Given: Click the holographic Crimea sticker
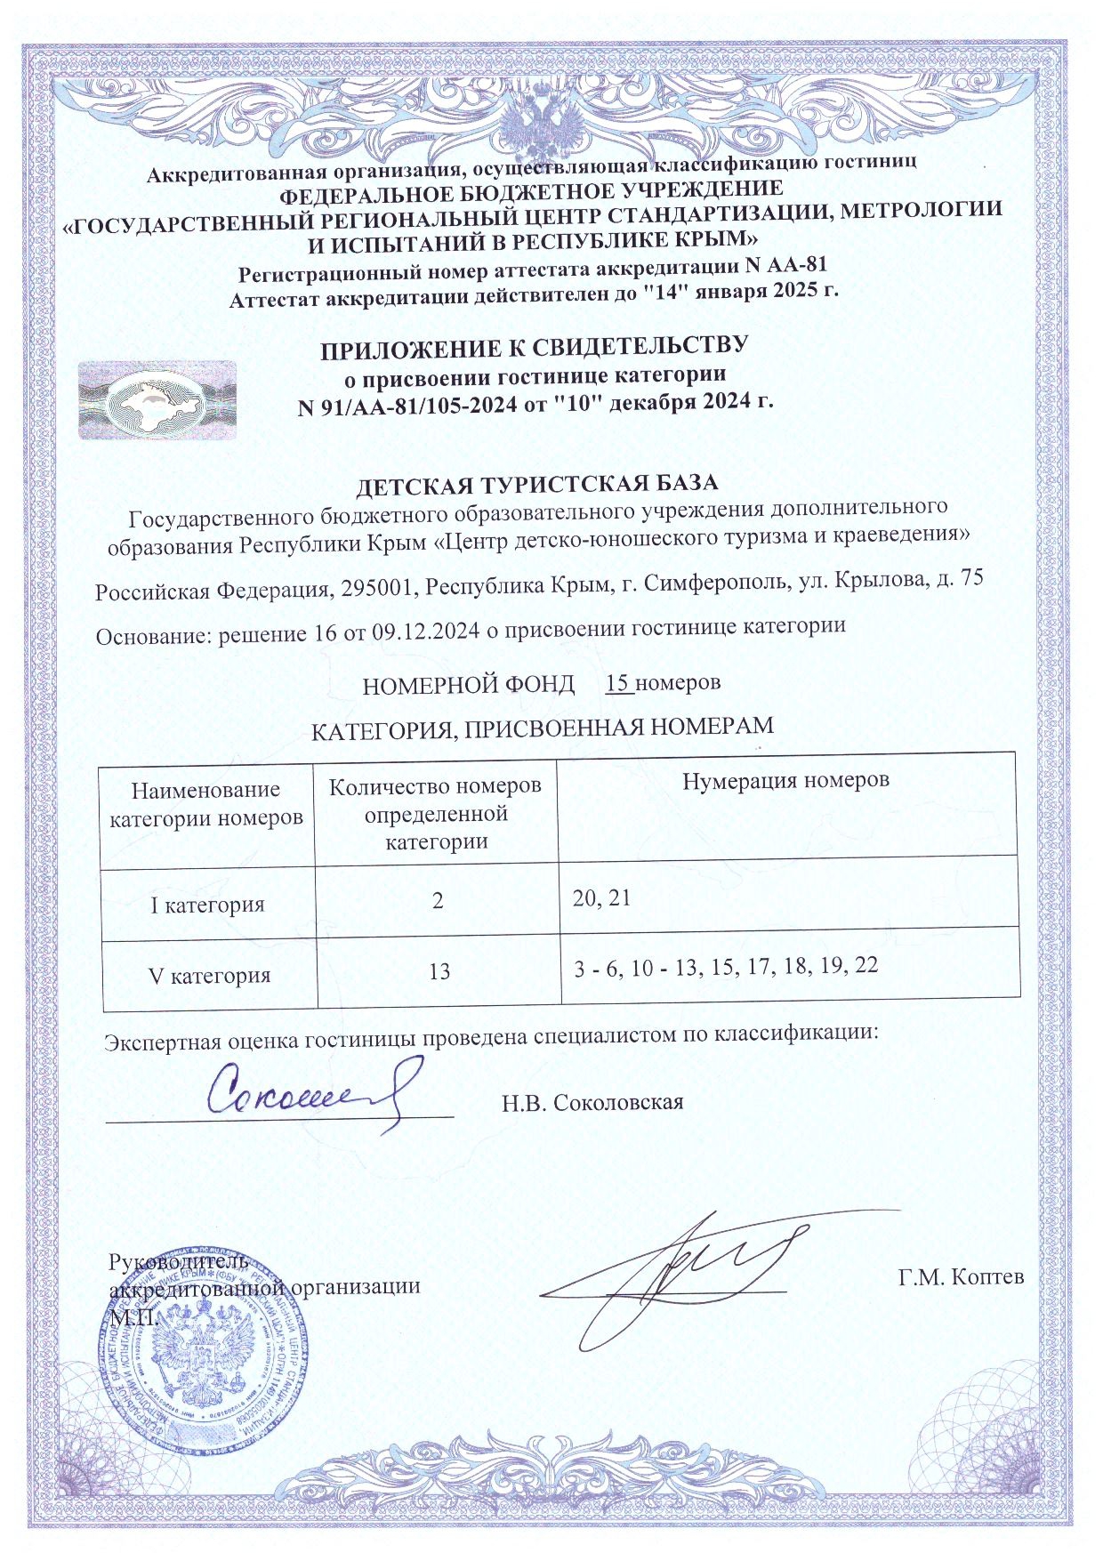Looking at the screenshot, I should coord(157,400).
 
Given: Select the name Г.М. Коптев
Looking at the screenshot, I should coord(961,1277).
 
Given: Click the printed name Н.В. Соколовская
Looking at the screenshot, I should coord(592,1103).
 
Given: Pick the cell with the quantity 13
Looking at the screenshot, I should coord(439,971).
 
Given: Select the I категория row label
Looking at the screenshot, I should coord(207,905).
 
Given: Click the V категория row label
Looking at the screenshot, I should coord(209,976).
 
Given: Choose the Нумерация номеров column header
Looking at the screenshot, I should coord(785,781).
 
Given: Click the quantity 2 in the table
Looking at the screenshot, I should coord(438,901).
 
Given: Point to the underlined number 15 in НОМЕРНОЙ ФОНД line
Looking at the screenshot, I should coord(618,683).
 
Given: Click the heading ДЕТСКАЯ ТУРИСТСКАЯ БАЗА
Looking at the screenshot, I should coord(536,485).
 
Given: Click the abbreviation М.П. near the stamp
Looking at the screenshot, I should coord(133,1316).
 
